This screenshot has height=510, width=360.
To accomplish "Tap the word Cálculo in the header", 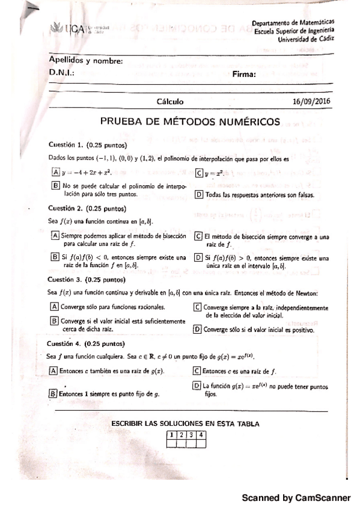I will (170, 102).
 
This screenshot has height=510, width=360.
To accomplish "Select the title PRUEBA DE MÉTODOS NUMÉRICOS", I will (190, 121).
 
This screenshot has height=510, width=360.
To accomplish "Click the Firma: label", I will (245, 75).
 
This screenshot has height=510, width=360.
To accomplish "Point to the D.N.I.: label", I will (62, 72).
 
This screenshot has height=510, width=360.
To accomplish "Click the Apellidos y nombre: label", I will (86, 61).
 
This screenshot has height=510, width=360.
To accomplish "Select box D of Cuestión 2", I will (198, 258).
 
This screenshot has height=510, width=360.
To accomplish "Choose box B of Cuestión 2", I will (55, 257).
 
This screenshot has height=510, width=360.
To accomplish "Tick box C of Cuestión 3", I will (198, 307).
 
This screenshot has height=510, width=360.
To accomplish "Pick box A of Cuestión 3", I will (54, 306).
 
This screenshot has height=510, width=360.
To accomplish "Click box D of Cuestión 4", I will (197, 386).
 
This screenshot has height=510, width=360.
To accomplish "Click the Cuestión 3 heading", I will (85, 280).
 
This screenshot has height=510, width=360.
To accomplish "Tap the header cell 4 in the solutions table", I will (201, 435).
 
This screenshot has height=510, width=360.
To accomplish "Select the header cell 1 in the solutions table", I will (171, 435).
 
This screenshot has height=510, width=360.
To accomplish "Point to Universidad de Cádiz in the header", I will (307, 39).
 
